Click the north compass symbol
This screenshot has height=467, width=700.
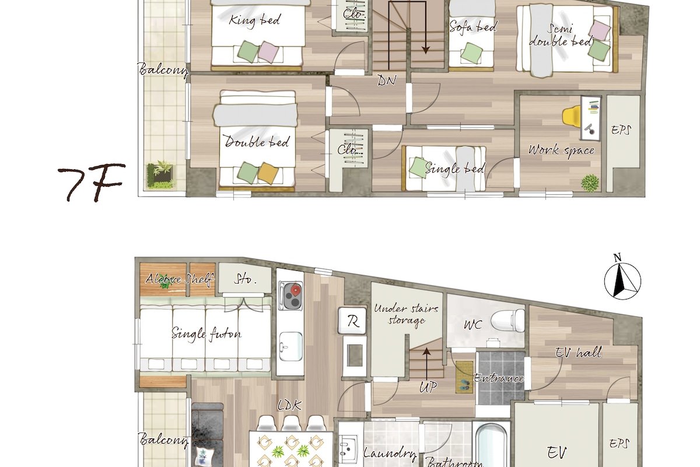point(623,281)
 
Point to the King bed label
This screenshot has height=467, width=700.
point(255,20)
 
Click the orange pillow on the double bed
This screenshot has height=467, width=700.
point(268,171)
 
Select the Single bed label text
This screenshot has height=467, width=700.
point(455,169)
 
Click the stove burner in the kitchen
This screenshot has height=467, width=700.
point(290,296)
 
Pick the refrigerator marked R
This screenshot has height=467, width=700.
point(352,320)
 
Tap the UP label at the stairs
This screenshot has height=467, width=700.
point(428,387)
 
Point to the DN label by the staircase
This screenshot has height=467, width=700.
point(386,81)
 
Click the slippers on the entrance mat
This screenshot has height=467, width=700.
point(465,384)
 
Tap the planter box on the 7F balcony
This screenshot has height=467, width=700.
point(160,175)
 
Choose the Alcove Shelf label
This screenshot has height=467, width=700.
point(180,279)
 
